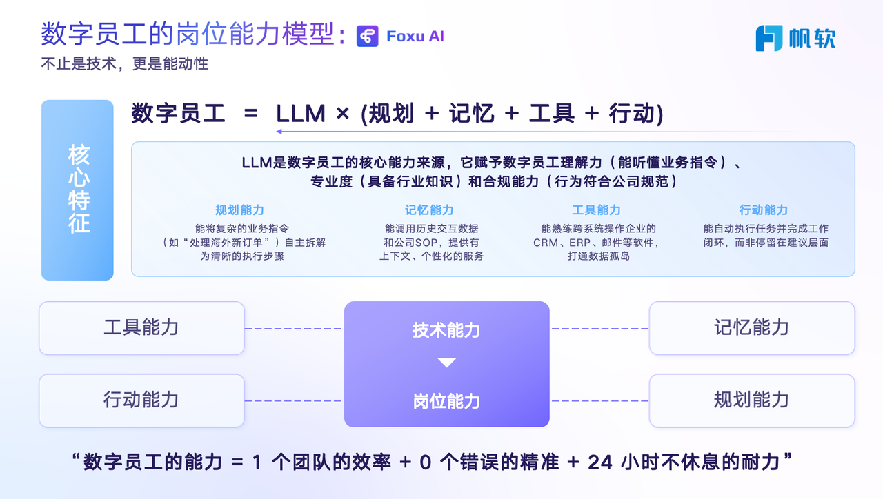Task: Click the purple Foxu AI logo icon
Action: pos(368,37)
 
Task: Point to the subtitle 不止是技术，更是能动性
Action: pos(124,64)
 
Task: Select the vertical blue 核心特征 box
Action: pos(77,190)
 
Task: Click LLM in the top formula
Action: pos(301,113)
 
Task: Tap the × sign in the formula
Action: pos(342,114)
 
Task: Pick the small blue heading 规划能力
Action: pos(239,210)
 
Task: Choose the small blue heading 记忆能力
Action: pos(429,210)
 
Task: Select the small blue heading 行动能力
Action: pos(763,210)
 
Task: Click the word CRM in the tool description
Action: pos(545,243)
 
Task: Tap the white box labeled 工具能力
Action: pos(141,328)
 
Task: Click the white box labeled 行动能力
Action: pos(141,400)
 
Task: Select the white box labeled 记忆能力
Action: pos(751,328)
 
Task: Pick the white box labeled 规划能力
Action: pos(751,400)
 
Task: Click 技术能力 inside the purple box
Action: pos(446,330)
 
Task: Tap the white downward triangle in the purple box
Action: pos(447,363)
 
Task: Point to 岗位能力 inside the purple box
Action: pos(446,401)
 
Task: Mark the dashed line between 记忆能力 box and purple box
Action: pos(599,329)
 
